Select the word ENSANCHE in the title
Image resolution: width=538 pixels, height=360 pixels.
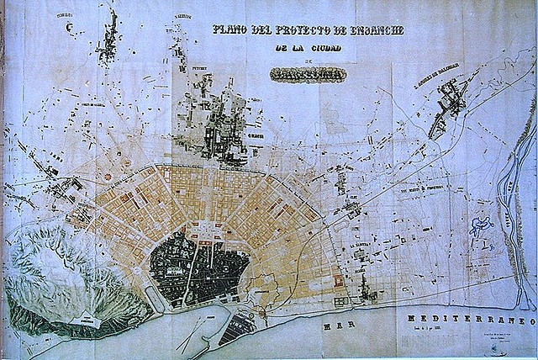coord(375,30)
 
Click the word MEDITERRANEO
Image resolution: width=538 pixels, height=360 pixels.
coord(467,321)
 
